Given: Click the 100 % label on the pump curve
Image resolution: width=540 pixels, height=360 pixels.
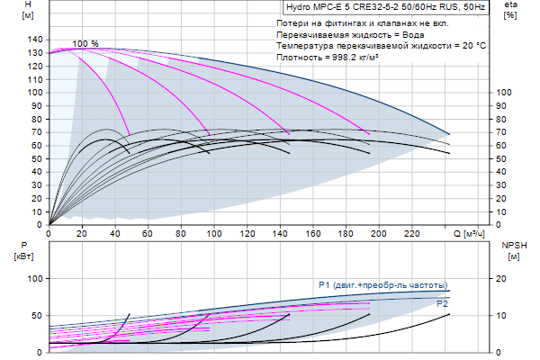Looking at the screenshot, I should point(85,44).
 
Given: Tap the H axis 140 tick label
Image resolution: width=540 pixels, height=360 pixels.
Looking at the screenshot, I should point(36,40).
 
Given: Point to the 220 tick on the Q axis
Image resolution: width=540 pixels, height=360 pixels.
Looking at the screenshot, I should point(413,233).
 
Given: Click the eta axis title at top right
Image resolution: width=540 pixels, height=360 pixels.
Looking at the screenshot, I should point(510,11).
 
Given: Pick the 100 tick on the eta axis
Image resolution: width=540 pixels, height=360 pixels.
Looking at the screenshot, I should point(505,93).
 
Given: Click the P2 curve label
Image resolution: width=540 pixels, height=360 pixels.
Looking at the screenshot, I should point(442,304).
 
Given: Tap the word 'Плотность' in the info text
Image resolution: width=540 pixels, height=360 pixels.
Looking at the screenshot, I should point(301,57).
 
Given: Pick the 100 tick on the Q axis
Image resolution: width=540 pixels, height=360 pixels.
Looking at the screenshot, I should point(214,233).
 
